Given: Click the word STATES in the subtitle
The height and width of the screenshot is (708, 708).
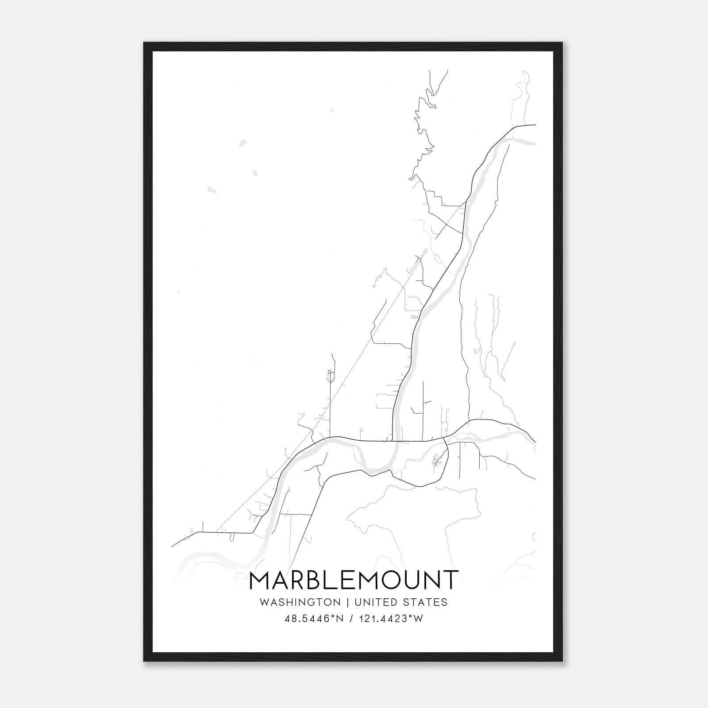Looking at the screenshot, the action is pos(426,602).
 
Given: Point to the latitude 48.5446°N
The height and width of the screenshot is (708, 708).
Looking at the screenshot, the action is pos(315,619).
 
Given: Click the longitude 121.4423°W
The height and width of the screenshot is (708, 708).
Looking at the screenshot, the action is pos(392,619).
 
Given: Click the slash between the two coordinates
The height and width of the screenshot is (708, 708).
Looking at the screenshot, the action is pos(351,619).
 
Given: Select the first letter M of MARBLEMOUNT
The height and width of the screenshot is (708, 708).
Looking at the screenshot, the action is pos(260,580).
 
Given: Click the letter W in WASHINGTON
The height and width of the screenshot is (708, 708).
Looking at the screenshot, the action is pos(264,602).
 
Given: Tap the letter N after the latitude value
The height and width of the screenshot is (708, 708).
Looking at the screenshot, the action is pos(339,619).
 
